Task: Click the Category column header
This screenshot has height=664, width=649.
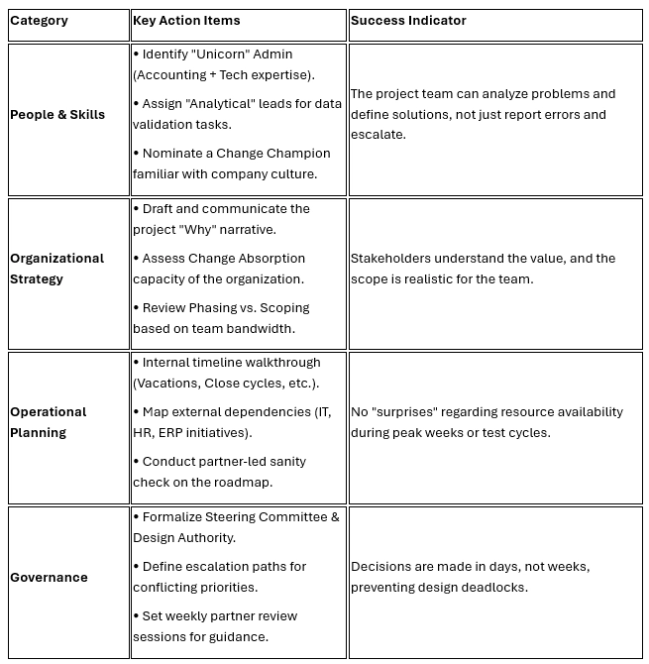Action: pos(39,21)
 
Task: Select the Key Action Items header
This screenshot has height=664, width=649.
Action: pos(186,21)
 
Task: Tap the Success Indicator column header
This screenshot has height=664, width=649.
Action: pos(408,21)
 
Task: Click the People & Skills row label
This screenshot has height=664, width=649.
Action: pos(57,115)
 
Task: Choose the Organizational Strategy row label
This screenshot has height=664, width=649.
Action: pos(56,269)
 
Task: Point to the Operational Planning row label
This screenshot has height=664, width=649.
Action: pos(48,422)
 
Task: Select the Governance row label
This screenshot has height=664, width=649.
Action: pos(49,577)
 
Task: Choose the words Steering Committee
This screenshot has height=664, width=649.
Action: pos(261,517)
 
